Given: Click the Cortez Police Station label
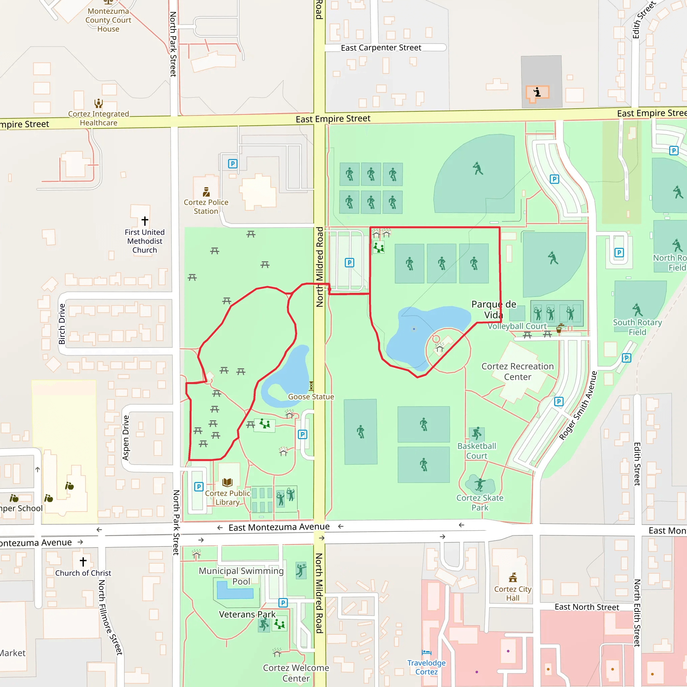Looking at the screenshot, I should tap(206, 207).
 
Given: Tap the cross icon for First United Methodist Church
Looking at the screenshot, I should tap(145, 221).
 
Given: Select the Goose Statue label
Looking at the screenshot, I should tap(311, 397).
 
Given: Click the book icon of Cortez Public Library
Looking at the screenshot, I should tap(227, 482).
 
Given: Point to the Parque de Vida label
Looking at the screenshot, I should tap(493, 309).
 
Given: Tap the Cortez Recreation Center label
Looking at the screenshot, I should tap(517, 371).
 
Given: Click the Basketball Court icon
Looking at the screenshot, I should tap(476, 434).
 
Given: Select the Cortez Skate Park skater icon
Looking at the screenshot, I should tap(480, 484).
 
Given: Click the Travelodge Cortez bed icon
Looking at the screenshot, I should tap(426, 652).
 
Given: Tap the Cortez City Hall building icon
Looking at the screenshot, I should tap(513, 577).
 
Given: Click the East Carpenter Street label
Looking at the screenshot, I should tap(381, 48).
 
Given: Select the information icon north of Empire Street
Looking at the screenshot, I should tap(537, 93).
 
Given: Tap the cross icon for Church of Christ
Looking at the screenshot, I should tap(83, 562).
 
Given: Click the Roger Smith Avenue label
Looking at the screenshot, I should tap(578, 405).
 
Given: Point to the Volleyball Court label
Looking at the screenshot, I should tap(517, 326).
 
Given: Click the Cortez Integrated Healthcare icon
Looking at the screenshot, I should tap(99, 103).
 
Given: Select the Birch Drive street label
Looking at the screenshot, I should tap(62, 324).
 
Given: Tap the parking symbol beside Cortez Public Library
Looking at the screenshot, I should tap(199, 486).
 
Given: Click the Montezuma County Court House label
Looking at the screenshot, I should tap(108, 20).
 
